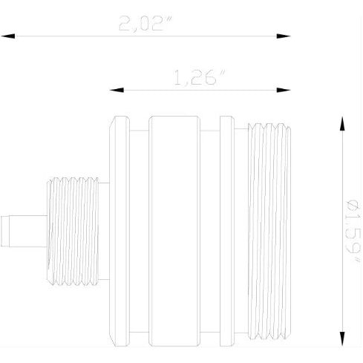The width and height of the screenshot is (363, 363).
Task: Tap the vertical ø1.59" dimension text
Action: [x=355, y=229]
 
